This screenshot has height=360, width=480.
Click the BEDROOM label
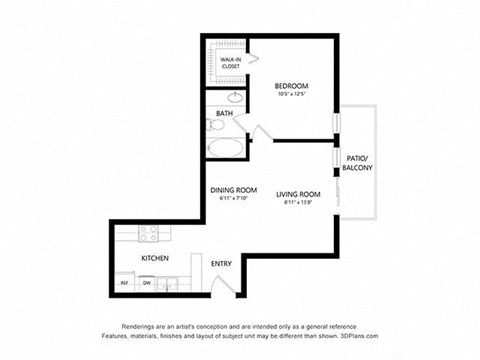(290, 86)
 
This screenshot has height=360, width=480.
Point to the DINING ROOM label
(233, 191)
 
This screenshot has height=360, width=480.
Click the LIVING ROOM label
(298, 193)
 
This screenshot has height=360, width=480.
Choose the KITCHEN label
(154, 258)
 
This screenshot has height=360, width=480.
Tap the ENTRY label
(221, 263)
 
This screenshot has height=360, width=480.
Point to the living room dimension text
(298, 202)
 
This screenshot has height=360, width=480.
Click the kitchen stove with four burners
(150, 235)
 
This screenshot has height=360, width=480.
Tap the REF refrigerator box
(125, 283)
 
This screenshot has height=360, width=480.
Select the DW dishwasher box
(146, 283)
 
